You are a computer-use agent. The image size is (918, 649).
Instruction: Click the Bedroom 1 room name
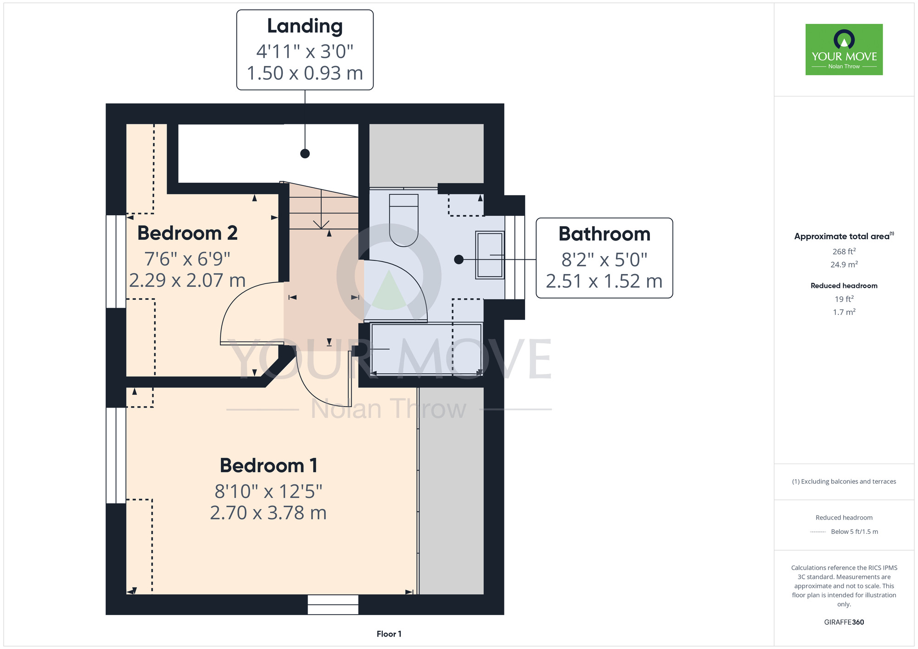(269, 465)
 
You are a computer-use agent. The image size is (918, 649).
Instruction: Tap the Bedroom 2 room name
(187, 233)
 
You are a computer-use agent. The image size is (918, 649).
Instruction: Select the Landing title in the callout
(305, 26)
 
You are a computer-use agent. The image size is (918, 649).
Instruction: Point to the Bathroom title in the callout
(605, 234)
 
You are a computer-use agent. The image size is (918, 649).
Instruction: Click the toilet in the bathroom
(403, 220)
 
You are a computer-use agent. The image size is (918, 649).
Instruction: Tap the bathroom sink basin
(490, 255)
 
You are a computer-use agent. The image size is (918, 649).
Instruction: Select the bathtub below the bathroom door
(426, 349)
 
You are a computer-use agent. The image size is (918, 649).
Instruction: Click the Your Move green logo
(844, 50)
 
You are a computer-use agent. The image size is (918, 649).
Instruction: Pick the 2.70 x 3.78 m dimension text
(269, 513)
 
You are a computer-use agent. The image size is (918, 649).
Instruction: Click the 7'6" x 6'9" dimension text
(187, 259)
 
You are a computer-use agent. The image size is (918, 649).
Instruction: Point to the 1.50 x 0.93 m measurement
(305, 73)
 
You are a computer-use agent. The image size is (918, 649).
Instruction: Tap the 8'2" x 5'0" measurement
(605, 260)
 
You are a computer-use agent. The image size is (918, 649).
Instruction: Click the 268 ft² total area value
(844, 252)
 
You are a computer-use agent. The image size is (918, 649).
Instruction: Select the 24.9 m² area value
(844, 264)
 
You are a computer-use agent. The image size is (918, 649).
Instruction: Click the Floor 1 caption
(389, 634)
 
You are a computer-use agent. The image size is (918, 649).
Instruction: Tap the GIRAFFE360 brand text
(844, 622)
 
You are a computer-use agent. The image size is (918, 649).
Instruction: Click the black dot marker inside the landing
(305, 154)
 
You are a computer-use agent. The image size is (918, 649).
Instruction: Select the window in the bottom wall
(333, 604)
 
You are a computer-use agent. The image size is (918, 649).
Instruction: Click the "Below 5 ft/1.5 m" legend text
(854, 532)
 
